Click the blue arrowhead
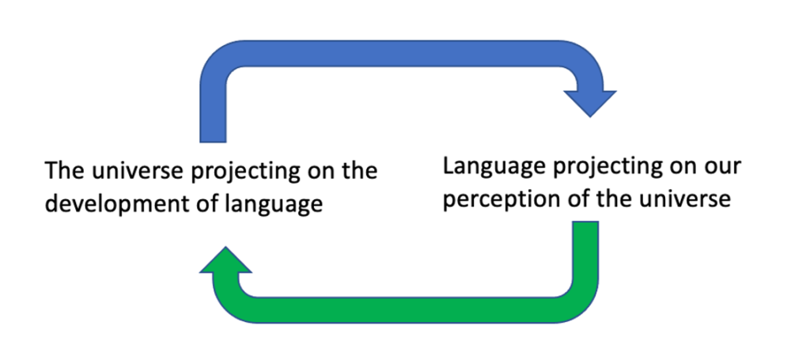589,101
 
